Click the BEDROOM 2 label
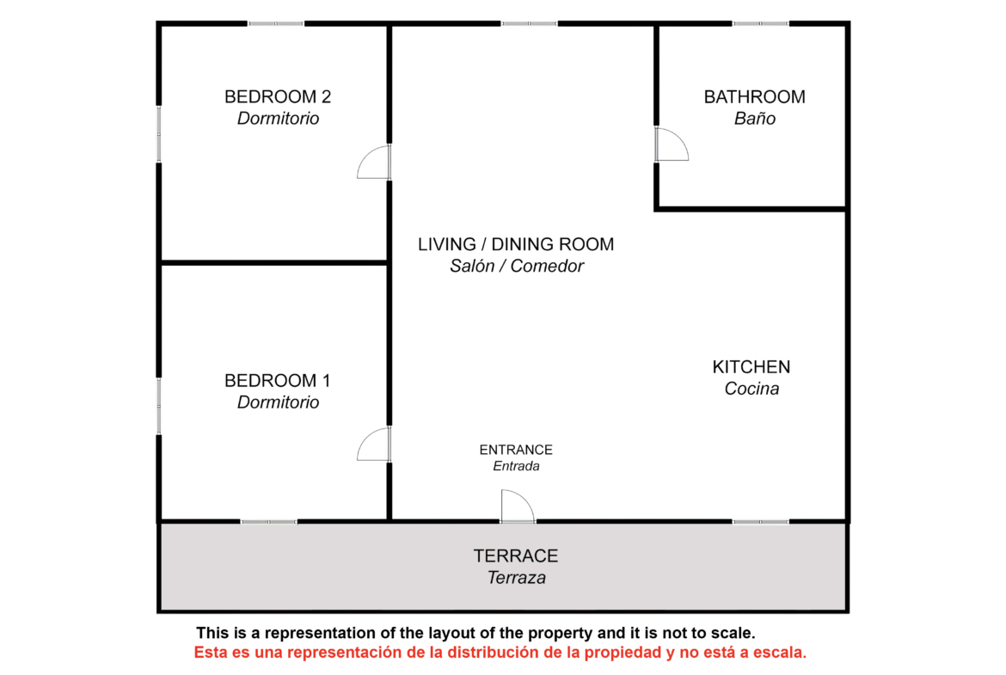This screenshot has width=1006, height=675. [277, 97]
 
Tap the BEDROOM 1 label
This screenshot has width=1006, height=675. [277, 380]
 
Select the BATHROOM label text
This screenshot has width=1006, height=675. [755, 97]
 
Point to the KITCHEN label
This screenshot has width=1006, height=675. [751, 367]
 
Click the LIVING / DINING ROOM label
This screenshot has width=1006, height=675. [516, 244]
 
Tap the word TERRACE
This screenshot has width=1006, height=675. [516, 555]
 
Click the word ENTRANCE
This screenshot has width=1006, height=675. [516, 450]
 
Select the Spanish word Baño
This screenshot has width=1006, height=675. [755, 119]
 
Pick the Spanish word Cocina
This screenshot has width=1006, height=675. [751, 389]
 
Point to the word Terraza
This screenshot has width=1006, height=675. [517, 578]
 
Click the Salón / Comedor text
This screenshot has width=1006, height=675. [517, 267]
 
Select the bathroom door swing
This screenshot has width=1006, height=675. [671, 144]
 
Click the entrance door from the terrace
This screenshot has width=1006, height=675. [517, 506]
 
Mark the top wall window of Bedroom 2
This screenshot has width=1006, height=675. [276, 24]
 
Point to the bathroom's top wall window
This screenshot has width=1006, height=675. [760, 24]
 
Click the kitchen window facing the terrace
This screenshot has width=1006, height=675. [760, 522]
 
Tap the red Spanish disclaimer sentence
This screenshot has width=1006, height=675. [500, 653]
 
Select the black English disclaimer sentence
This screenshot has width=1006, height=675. [475, 633]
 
